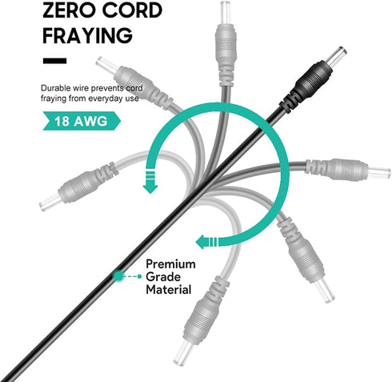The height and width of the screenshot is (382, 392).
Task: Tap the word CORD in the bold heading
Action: click(x=133, y=10)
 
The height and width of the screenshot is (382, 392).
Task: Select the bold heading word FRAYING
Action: click(x=87, y=35)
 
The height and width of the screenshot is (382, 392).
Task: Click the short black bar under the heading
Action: click(x=54, y=61)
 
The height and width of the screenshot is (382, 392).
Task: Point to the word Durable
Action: click(x=55, y=88)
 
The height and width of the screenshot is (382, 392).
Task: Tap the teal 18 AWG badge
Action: click(x=82, y=121)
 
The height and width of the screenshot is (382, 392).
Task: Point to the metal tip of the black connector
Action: click(x=338, y=56)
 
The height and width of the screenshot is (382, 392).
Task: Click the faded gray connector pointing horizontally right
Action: click(x=346, y=169)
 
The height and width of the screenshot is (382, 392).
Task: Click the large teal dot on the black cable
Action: click(x=118, y=276)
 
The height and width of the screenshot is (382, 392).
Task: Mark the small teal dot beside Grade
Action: click(x=139, y=276)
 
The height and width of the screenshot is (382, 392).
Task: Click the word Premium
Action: click(x=170, y=264)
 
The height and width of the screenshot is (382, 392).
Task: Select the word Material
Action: click(x=169, y=289)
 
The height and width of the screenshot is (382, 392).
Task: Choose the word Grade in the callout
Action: click(x=163, y=277)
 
